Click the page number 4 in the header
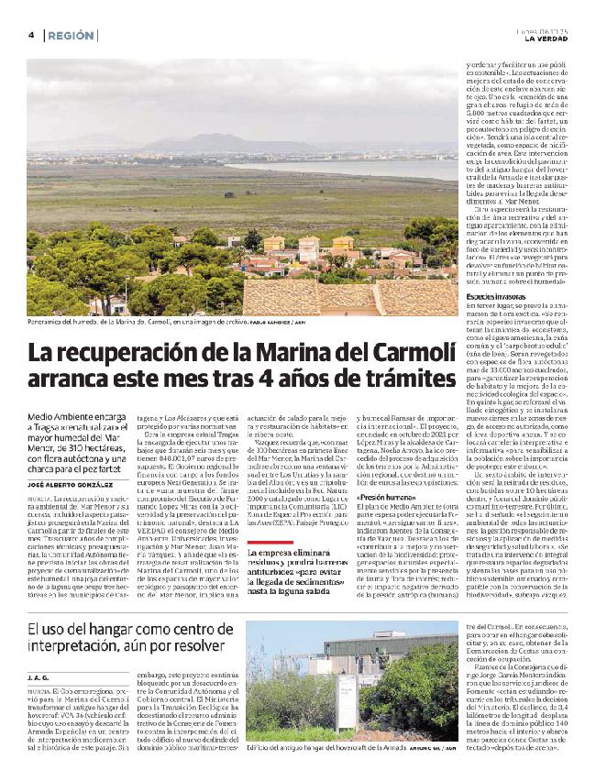click(31, 35)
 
